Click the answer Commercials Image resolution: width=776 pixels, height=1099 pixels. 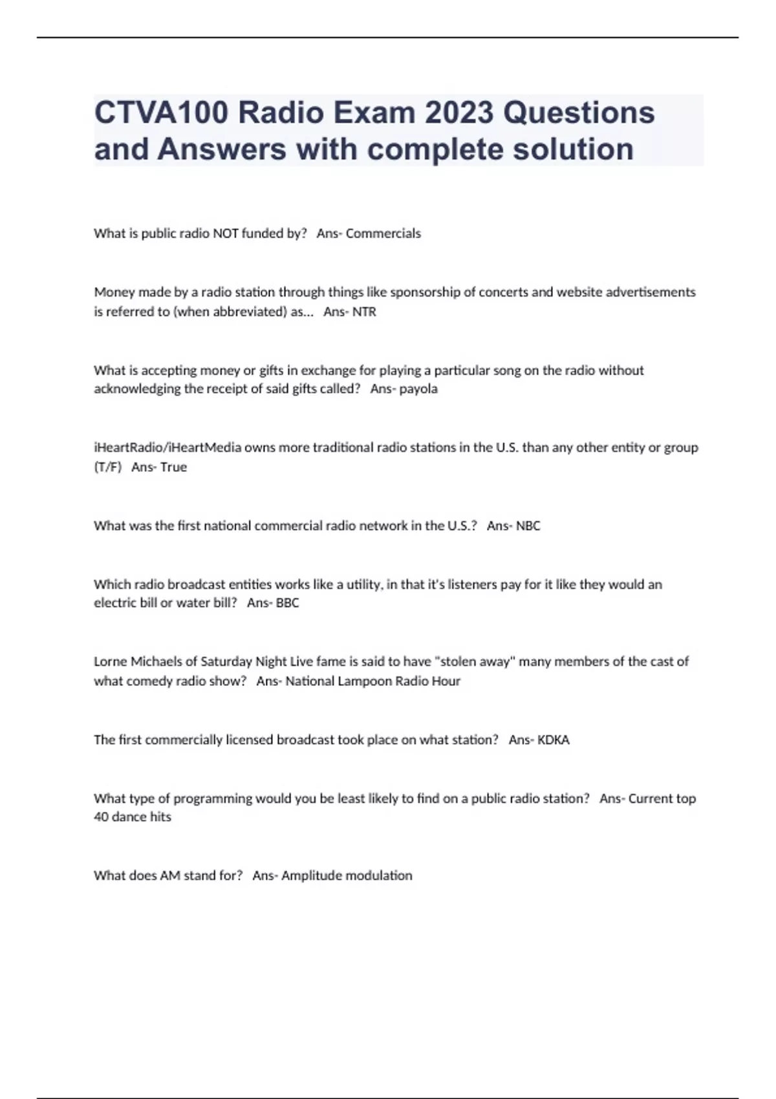point(383,233)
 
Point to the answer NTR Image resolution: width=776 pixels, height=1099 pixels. point(364,312)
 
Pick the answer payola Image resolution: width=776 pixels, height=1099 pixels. point(418,389)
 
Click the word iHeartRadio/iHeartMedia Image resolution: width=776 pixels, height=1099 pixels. point(167,447)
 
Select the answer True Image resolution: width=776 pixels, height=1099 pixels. point(173,467)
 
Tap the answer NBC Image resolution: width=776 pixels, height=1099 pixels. point(528,526)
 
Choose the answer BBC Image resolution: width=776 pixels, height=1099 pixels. point(287,603)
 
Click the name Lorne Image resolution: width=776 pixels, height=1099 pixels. point(111,661)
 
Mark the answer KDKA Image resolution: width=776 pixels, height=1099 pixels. point(554,740)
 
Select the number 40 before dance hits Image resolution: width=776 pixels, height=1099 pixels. point(101,817)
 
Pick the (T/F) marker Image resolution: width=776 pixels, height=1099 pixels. point(108,467)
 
